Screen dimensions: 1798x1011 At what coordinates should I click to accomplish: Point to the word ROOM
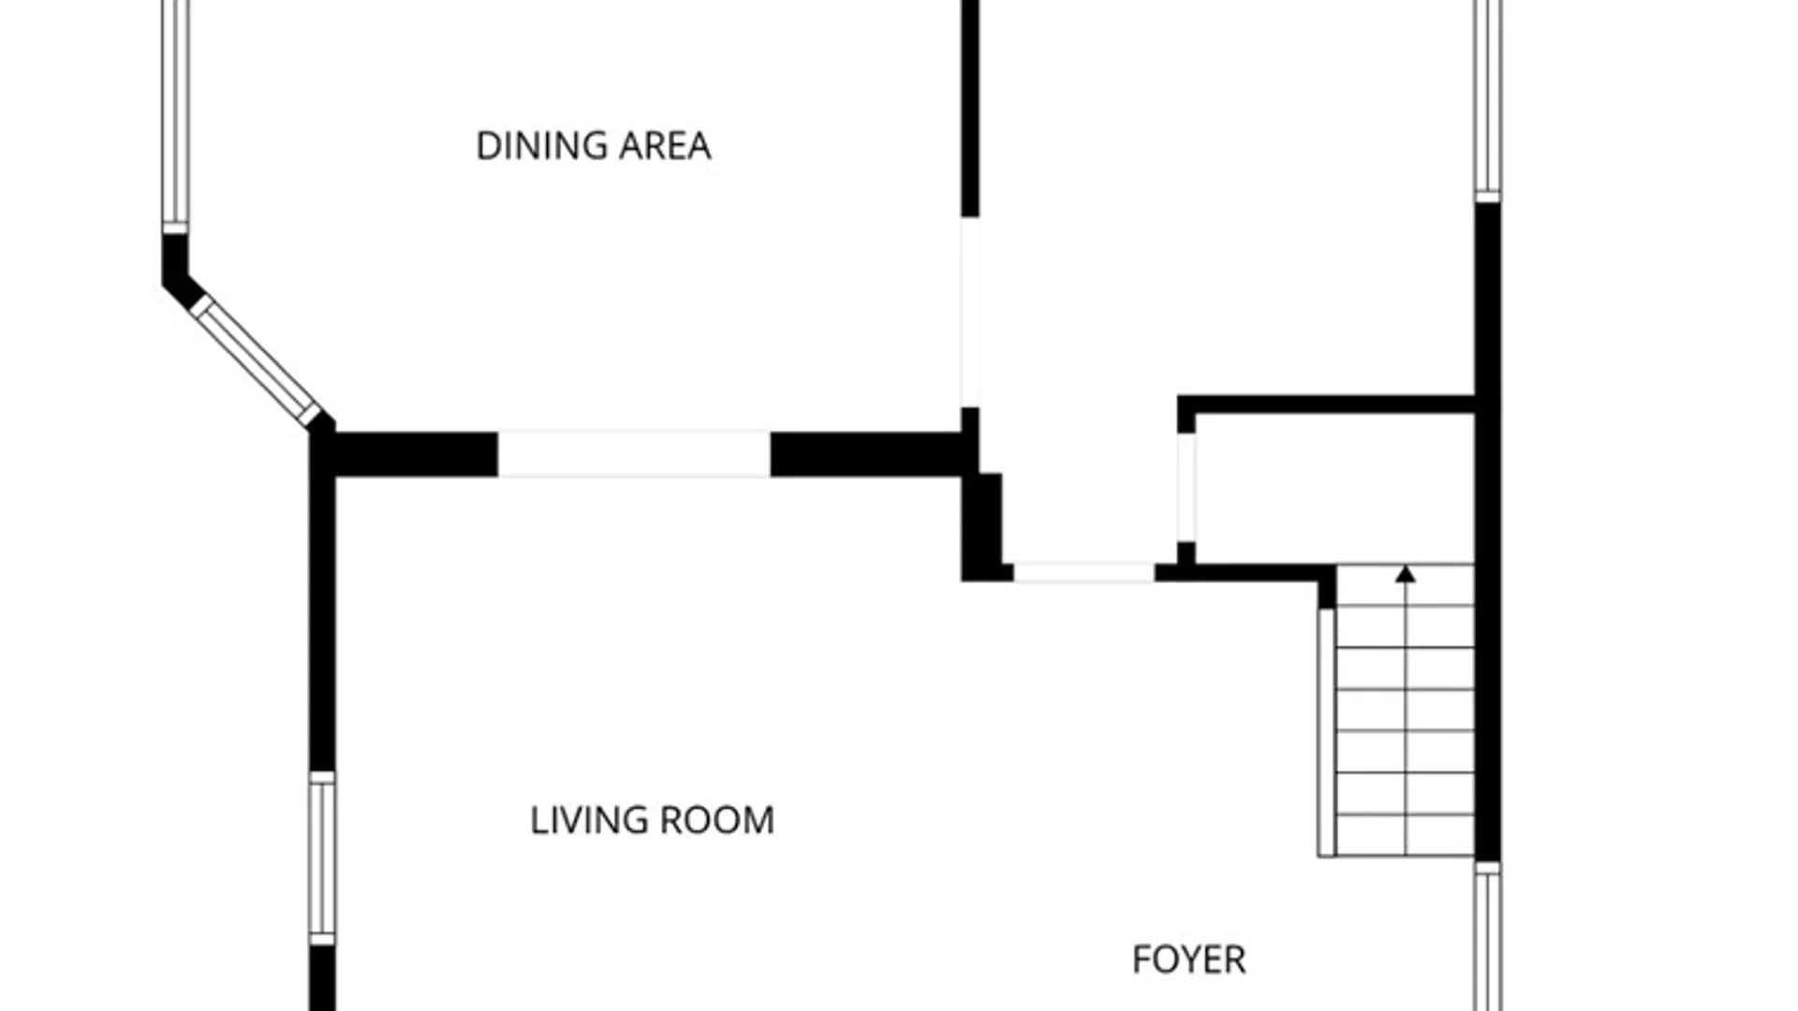(x=717, y=821)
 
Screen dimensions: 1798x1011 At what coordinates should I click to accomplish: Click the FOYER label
(x=1188, y=960)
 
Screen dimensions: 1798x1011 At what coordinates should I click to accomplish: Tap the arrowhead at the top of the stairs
(x=1405, y=573)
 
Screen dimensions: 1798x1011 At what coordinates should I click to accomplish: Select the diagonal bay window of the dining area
(x=256, y=359)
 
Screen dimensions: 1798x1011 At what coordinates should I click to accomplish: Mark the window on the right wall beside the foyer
(x=1488, y=936)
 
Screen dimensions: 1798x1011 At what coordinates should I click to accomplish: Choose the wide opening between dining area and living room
(x=634, y=454)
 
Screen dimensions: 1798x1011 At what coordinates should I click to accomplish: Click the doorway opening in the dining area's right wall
(x=970, y=313)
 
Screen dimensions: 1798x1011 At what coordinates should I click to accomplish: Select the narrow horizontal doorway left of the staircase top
(x=1084, y=572)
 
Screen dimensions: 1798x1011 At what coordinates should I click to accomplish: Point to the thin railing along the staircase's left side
(x=1326, y=732)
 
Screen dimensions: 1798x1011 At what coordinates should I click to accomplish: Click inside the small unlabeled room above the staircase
(x=1334, y=489)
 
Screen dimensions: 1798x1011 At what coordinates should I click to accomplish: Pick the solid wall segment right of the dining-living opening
(x=866, y=454)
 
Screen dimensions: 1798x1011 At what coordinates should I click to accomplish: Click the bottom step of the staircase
(x=1405, y=835)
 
